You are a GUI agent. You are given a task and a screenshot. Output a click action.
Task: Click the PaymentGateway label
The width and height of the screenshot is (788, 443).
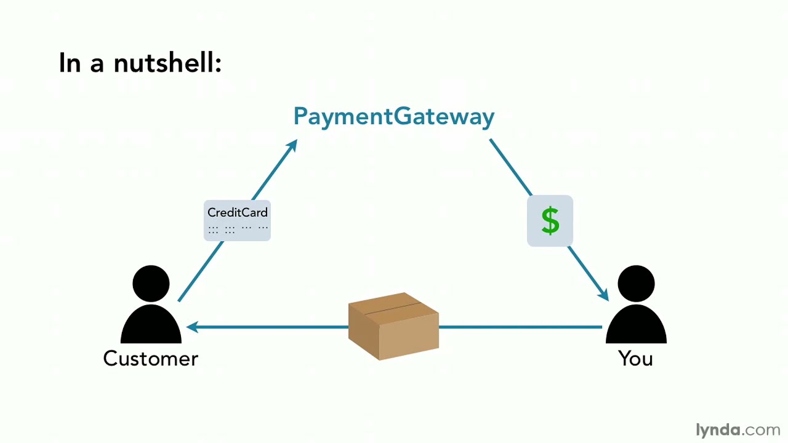click(x=394, y=116)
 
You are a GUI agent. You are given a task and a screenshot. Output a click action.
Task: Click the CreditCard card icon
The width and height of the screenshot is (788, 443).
click(x=237, y=220)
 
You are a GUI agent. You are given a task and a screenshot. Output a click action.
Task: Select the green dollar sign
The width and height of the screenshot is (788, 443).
click(x=550, y=220)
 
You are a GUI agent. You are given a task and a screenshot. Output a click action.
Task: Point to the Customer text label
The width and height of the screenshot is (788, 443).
click(x=151, y=359)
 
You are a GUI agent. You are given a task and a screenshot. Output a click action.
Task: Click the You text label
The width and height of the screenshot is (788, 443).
click(x=635, y=359)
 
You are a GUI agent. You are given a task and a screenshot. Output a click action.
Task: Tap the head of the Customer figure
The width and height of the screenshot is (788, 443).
click(x=151, y=284)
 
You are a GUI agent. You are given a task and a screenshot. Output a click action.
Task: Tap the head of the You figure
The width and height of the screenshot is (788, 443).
click(x=636, y=284)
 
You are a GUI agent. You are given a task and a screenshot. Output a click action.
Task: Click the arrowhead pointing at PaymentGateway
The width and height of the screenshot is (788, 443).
click(x=292, y=146)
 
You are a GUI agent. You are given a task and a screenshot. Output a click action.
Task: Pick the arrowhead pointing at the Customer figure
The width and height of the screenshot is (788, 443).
click(x=191, y=327)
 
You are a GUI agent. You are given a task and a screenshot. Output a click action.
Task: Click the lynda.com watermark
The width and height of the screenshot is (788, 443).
click(x=738, y=429)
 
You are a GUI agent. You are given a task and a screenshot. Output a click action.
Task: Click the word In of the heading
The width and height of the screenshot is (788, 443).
click(x=70, y=62)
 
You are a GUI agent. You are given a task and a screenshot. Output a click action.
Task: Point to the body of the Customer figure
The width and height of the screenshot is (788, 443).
click(x=151, y=325)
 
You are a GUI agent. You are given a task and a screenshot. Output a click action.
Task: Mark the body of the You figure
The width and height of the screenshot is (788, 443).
click(x=636, y=325)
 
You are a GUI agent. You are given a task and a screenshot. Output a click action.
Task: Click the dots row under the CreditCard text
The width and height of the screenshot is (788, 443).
click(x=238, y=229)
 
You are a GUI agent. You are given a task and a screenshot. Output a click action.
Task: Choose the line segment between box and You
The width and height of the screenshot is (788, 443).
click(x=520, y=327)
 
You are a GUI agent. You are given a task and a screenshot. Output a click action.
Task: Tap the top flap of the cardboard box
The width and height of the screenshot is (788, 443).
click(x=393, y=305)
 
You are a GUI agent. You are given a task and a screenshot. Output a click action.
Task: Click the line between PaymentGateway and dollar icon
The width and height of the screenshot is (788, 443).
click(x=510, y=167)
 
